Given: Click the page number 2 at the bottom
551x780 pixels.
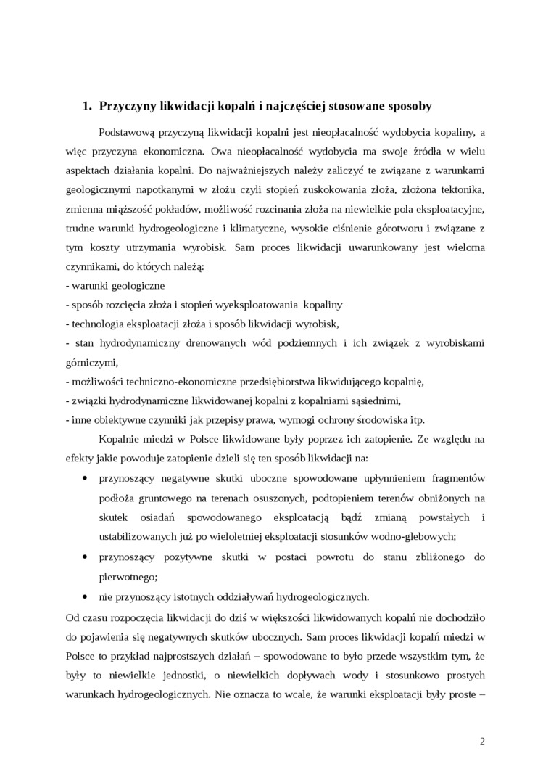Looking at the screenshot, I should [482, 741].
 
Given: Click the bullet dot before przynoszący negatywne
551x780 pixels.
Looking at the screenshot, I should [86, 477].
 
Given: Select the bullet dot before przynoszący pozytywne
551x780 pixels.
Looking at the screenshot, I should [86, 557].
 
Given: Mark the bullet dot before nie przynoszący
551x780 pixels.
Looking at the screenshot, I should [86, 596].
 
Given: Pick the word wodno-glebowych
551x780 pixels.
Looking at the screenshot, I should [416, 536].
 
